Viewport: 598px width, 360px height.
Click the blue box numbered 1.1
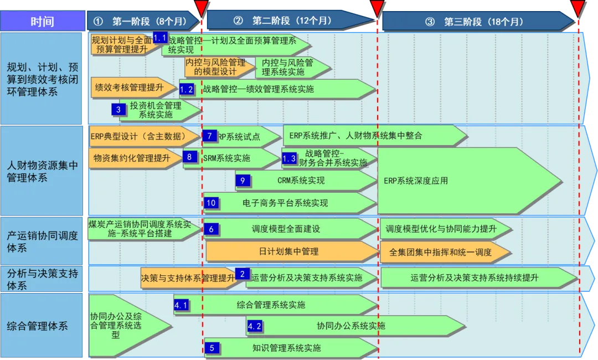tap(160, 38)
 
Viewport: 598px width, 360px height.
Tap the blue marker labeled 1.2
tap(187, 89)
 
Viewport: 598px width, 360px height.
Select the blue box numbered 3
tap(118, 110)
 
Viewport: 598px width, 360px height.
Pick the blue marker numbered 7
tap(209, 136)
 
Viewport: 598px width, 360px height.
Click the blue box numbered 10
tap(211, 203)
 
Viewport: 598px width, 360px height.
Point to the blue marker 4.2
tap(254, 326)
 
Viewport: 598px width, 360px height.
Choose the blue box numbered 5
tap(212, 348)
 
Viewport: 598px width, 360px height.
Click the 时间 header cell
tap(42, 22)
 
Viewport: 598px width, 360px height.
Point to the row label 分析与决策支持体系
tap(42, 279)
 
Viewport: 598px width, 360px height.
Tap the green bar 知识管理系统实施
tap(288, 348)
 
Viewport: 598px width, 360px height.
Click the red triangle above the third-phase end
tap(578, 8)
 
